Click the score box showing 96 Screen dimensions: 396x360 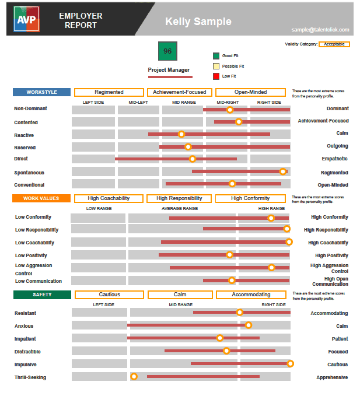(167, 51)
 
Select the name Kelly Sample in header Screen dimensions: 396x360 (198, 22)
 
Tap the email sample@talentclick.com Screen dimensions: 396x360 (320, 30)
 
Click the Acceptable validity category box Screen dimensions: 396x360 (334, 44)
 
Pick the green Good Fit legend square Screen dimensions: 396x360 (216, 56)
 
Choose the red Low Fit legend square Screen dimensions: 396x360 (216, 76)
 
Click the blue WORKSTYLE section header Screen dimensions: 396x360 (41, 92)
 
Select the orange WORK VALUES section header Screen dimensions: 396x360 (41, 198)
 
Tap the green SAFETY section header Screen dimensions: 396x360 (42, 295)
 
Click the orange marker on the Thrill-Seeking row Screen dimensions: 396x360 (134, 377)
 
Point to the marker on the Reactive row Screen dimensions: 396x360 (181, 135)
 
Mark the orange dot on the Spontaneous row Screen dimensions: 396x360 (283, 171)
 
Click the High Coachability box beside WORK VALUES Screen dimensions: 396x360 (109, 198)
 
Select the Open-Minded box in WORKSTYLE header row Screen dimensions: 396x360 (251, 92)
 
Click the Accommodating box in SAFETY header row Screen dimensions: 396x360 (251, 295)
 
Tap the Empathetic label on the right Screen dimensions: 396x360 (335, 159)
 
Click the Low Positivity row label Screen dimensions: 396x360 (31, 255)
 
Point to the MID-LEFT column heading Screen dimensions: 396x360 (139, 103)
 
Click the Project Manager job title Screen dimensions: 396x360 (169, 70)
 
